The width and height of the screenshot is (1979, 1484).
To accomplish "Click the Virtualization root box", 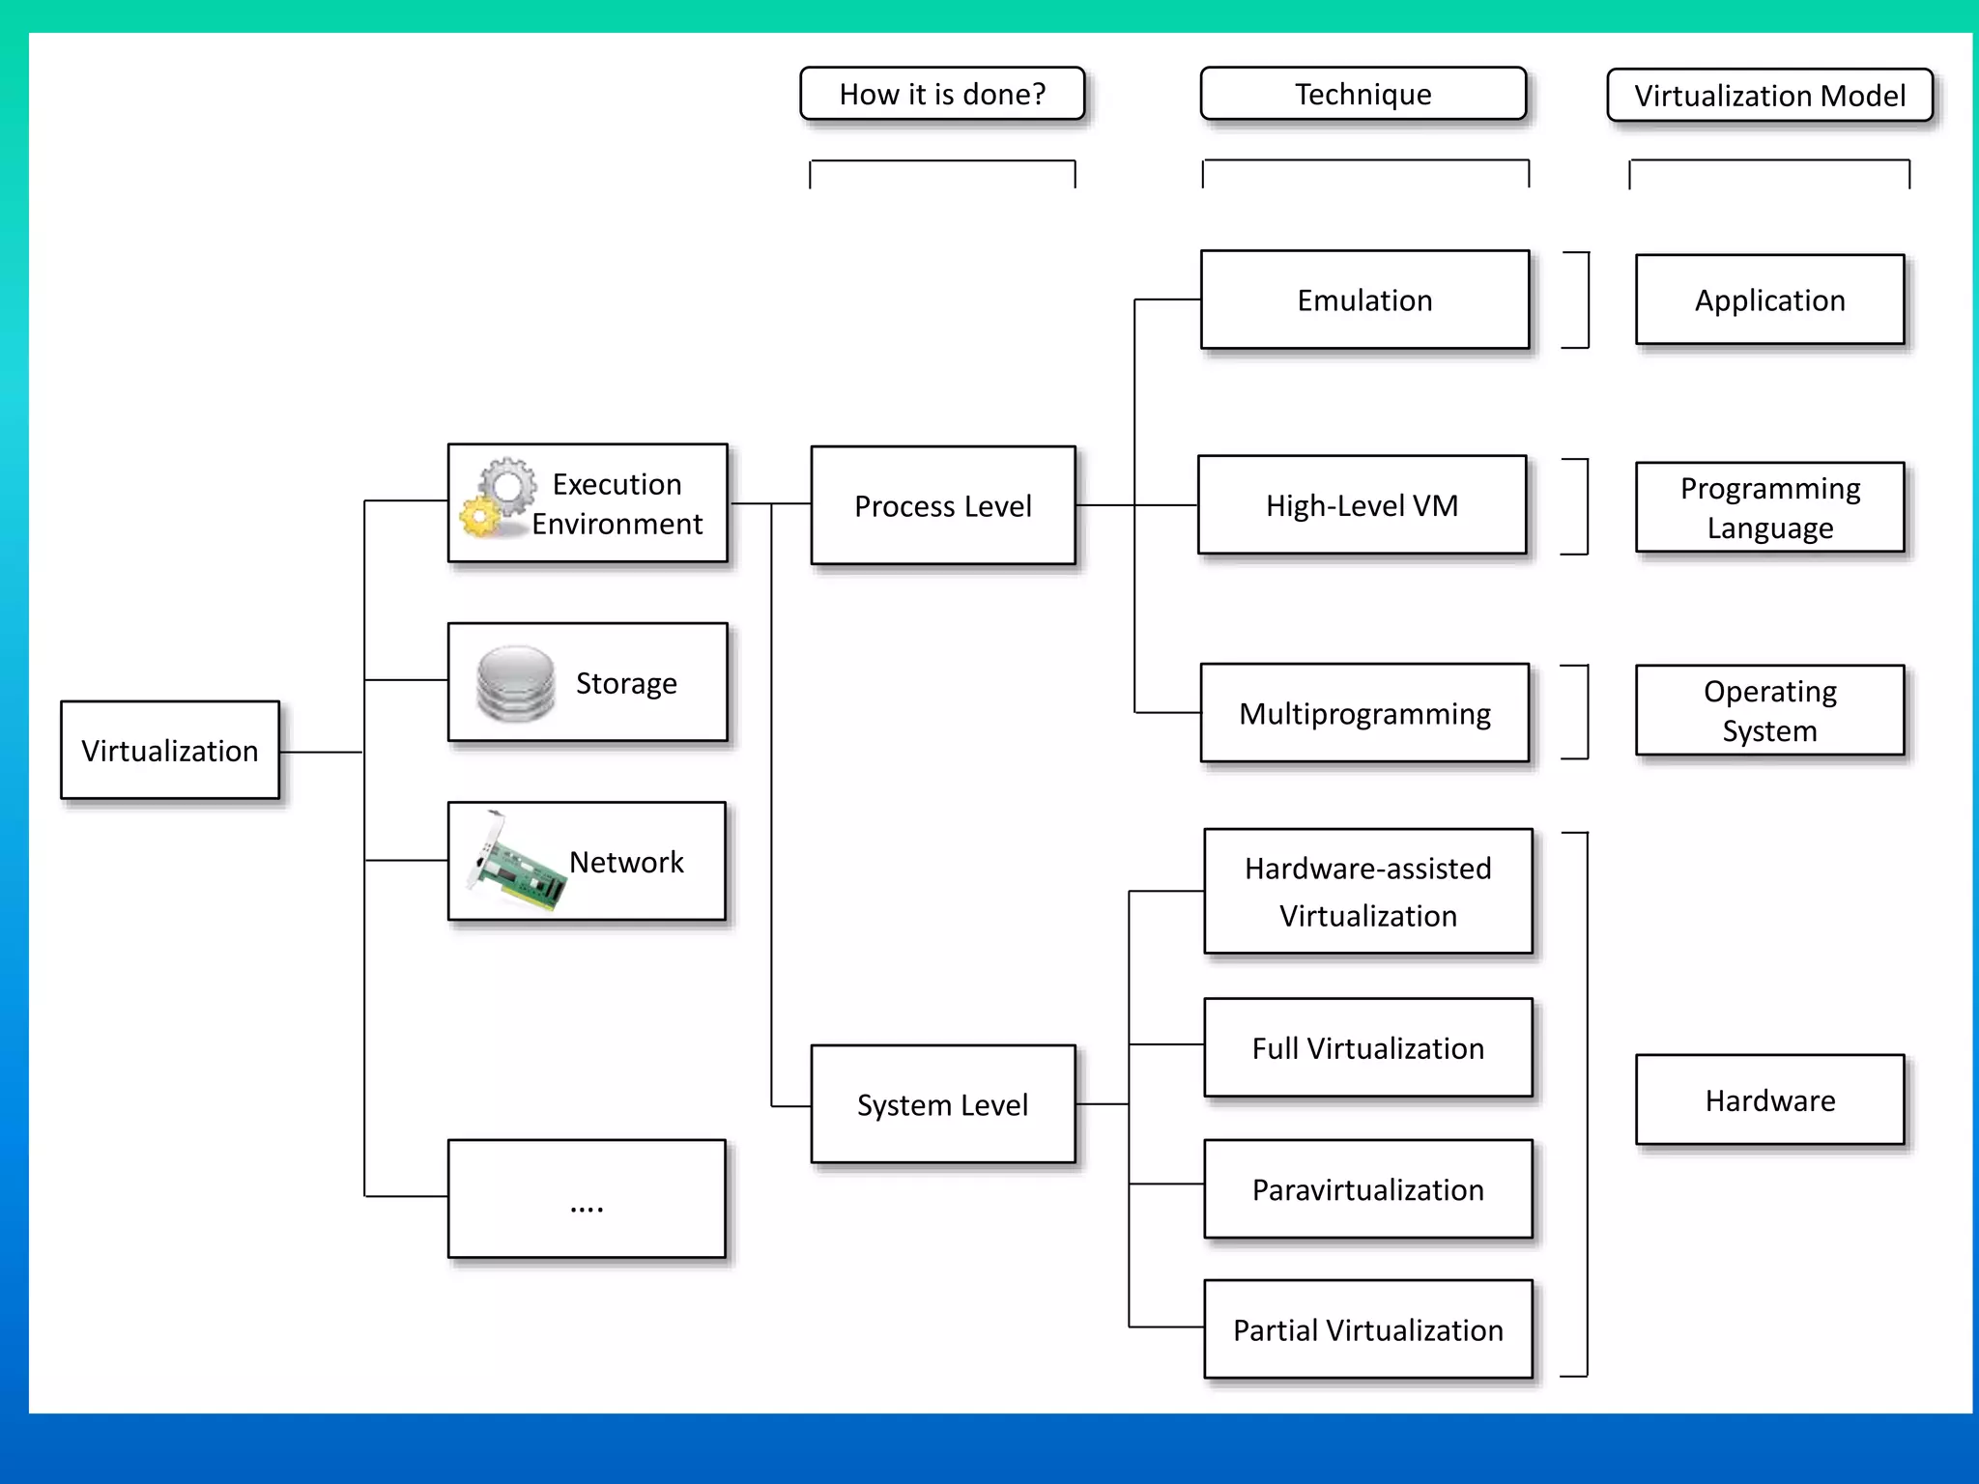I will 170,751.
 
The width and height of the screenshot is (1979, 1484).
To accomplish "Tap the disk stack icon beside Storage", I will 515,683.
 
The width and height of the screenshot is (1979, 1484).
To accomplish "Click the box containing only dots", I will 587,1199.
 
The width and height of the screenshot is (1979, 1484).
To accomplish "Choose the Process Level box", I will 943,505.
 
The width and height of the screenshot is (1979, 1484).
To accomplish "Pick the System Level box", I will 943,1104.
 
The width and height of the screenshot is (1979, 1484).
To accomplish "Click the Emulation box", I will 1364,300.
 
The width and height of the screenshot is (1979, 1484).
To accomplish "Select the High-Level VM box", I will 1362,505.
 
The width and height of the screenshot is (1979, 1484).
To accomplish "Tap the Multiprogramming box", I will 1364,713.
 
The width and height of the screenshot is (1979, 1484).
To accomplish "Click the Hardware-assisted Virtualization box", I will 1367,891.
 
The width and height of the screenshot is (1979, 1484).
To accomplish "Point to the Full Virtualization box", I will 1367,1048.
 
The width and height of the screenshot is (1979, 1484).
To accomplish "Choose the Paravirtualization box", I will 1367,1189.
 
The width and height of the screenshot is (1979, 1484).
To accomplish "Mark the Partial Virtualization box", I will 1367,1329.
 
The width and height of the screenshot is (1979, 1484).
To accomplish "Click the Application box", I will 1769,300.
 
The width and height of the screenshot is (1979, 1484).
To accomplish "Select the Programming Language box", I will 1769,507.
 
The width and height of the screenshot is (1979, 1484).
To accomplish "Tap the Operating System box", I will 1769,710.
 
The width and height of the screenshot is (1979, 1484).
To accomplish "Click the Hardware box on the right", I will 1769,1100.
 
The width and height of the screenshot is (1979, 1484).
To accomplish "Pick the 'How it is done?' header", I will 942,94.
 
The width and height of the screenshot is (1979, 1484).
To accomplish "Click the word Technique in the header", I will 1362,94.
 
